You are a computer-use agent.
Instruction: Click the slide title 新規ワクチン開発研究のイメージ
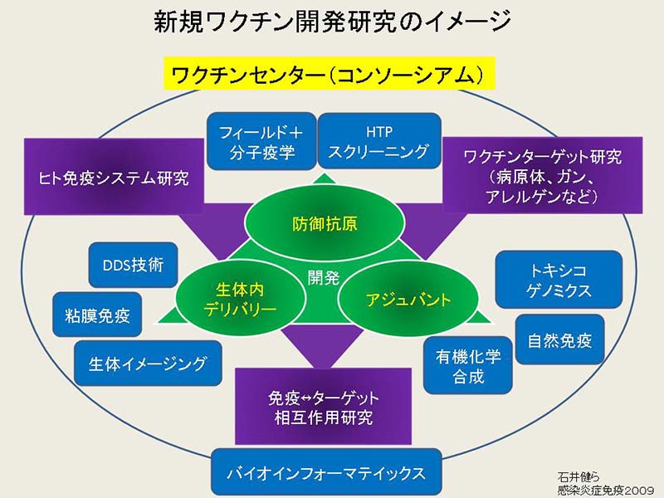point(331,22)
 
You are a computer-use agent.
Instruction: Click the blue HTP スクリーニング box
point(378,142)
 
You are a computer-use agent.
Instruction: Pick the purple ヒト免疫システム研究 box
point(115,178)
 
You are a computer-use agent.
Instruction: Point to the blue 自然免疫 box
point(559,339)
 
